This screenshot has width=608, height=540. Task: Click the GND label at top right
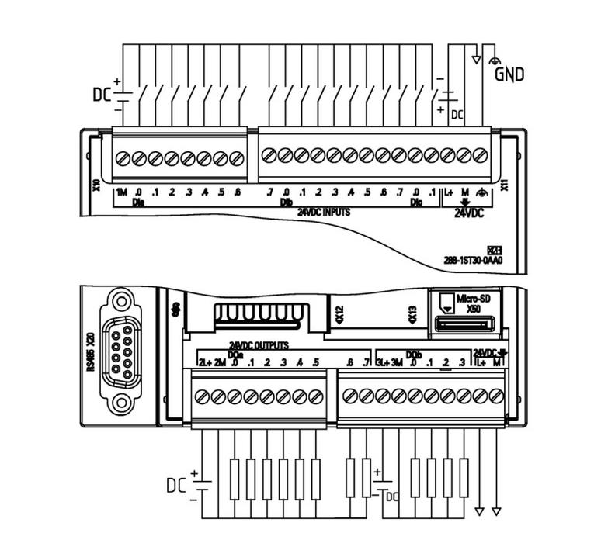pos(510,74)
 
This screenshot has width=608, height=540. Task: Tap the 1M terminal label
pos(121,192)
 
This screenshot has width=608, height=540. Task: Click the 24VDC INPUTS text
pos(323,210)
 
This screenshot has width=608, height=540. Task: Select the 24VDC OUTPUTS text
pos(259,344)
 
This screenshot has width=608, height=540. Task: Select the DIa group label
pos(138,202)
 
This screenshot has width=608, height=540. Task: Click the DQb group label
pos(413,353)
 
